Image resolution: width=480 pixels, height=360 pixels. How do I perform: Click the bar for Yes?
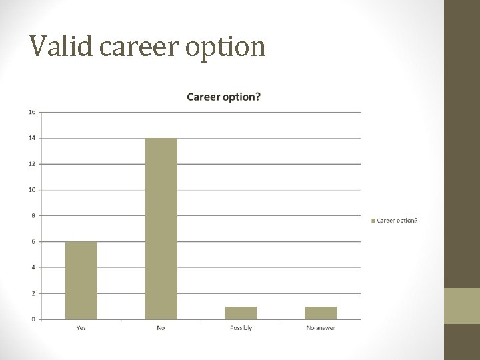pos(81,280)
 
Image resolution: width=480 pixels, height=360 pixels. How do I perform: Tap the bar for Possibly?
pos(241,313)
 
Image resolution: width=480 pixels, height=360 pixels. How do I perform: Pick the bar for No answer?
pos(321,313)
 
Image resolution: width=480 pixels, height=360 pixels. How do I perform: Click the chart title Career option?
pos(223,97)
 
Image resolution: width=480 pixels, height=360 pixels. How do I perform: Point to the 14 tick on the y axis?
pos(32,138)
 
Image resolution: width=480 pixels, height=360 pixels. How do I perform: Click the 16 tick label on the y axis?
pos(32,112)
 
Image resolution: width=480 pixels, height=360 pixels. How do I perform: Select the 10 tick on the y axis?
pos(32,190)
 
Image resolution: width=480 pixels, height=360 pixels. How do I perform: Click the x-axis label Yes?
pos(81,328)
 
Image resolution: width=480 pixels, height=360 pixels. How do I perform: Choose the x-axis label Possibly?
pos(241,328)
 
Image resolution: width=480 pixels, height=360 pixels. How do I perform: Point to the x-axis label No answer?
pos(321,328)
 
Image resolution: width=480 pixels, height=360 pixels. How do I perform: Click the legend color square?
pos(373,221)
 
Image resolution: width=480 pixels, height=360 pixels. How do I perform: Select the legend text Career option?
pos(397,221)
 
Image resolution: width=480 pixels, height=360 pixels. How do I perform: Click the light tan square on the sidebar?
pos(462,306)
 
